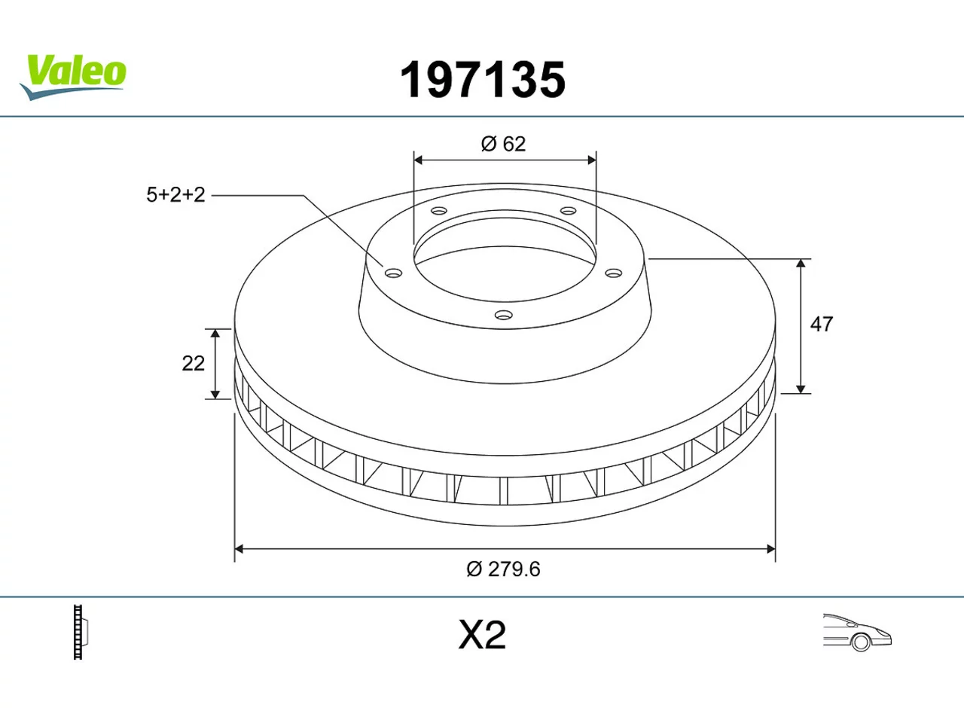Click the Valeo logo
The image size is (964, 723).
coord(73,78)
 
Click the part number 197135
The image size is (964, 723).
coord(483,80)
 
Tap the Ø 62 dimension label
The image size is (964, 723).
coord(503,144)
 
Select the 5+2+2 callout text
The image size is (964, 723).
coord(175,195)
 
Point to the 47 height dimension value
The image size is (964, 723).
coord(821,325)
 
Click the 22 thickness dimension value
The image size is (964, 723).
coord(194,364)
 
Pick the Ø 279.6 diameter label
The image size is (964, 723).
coord(503,569)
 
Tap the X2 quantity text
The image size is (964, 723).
coord(482,635)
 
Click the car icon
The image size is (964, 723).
coord(857,632)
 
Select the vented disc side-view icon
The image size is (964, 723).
coord(81,632)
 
